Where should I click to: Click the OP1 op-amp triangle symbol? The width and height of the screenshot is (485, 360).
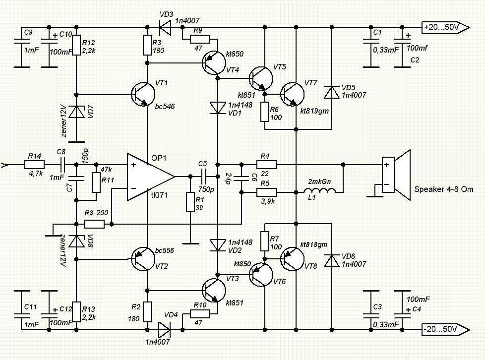tap(151, 177)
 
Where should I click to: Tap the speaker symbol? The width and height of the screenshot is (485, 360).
tap(396, 175)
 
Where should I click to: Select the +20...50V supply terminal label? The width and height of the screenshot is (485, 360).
tap(445, 27)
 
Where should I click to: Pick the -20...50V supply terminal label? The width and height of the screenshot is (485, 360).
tap(445, 329)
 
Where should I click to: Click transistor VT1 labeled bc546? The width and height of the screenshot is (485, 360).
tap(143, 94)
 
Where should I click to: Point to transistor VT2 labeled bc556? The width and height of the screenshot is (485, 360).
tap(143, 259)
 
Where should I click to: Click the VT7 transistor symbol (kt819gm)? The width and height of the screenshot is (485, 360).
tap(292, 94)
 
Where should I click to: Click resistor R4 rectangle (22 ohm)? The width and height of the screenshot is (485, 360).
tap(267, 165)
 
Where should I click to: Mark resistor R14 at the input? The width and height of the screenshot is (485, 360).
tap(34, 165)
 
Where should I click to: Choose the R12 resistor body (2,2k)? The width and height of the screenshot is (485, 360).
tap(76, 45)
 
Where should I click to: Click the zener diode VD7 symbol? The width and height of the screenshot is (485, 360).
tap(76, 112)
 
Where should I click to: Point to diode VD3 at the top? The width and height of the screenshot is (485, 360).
tap(165, 28)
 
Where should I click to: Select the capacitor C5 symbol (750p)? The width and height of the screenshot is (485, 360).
tap(203, 177)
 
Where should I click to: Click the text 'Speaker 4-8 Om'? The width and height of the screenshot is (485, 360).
tap(443, 189)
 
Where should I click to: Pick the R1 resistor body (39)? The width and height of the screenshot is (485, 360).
tap(190, 202)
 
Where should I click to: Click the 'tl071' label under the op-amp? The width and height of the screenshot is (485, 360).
tap(159, 195)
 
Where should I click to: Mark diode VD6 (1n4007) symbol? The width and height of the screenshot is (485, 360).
tap(332, 261)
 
